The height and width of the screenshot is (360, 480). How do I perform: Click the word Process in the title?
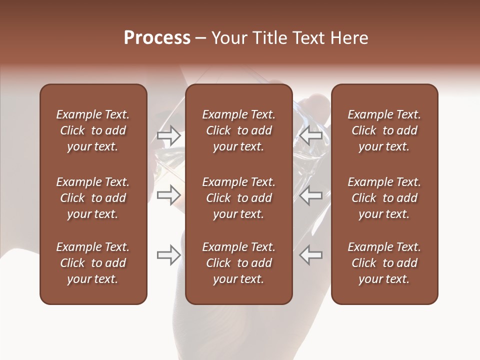click(157, 38)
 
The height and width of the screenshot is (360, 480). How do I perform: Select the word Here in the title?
click(349, 38)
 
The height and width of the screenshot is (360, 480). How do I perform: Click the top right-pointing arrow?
click(168, 135)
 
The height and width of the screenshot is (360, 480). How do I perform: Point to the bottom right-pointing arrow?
click(168, 255)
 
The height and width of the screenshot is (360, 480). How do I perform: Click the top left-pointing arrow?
click(311, 135)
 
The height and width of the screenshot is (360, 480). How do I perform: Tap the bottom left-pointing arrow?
click(311, 255)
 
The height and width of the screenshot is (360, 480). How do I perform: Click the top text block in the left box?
click(93, 130)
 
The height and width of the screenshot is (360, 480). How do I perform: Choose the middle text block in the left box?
click(93, 198)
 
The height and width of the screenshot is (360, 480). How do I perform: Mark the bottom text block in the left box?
click(93, 263)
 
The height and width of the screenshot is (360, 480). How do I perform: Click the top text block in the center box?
click(238, 130)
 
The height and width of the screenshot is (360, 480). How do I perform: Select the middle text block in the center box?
click(238, 198)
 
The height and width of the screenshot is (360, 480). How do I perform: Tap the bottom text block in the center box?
click(238, 263)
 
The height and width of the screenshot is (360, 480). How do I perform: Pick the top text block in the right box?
click(384, 130)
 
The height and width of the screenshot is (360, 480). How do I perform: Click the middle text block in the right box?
click(384, 198)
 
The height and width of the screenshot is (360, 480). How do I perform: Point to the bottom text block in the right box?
click(384, 263)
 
